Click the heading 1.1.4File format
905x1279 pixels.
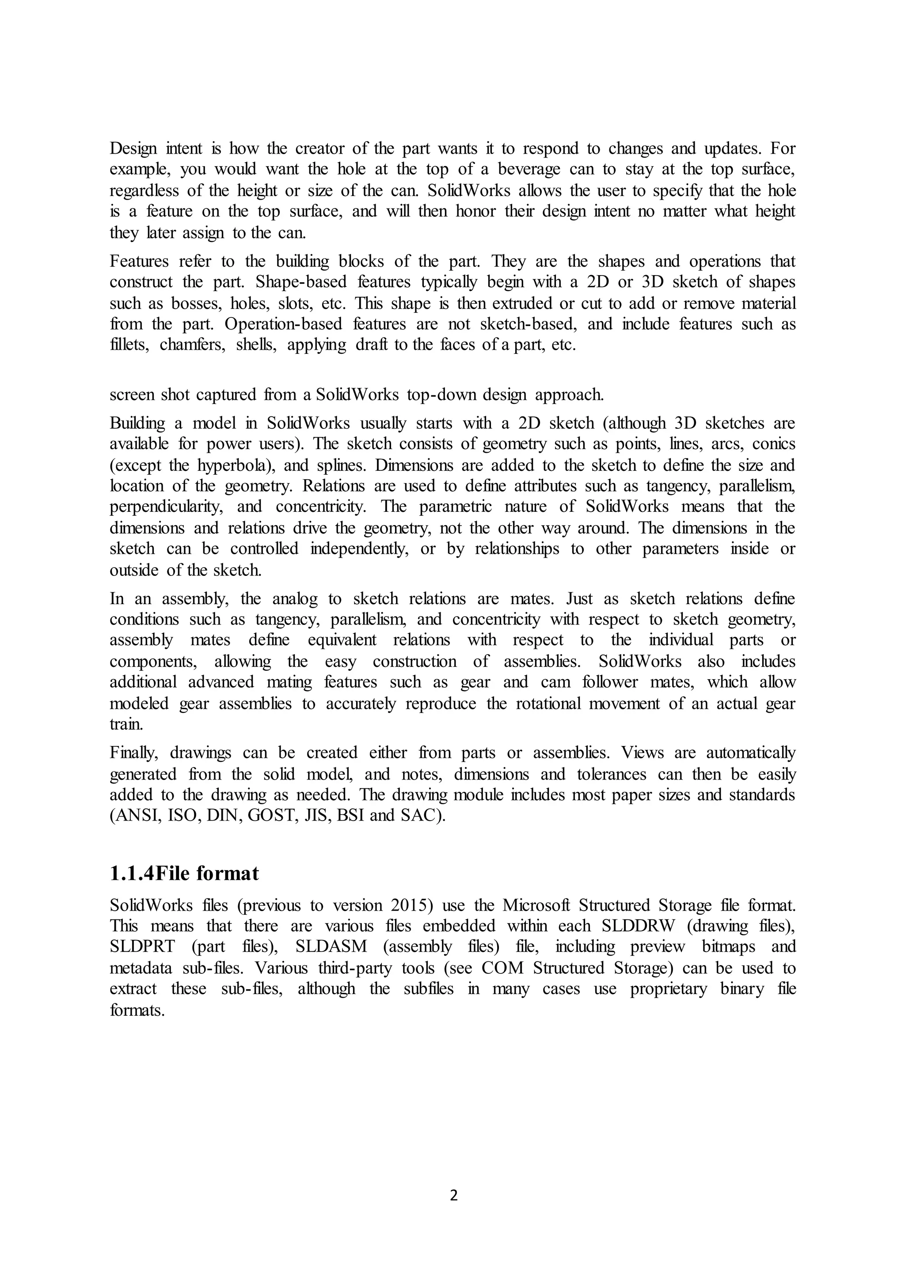click(184, 874)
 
